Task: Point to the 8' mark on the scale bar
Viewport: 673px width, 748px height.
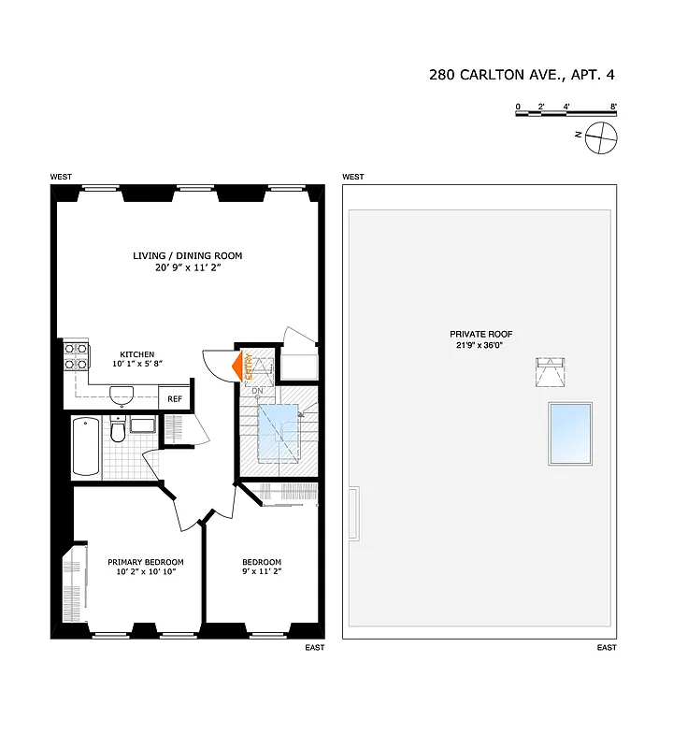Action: [613, 107]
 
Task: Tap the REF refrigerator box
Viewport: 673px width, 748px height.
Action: [174, 399]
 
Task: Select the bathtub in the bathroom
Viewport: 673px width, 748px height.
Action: [86, 447]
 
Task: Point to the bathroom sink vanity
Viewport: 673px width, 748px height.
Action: [143, 426]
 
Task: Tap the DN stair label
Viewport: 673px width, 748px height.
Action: [257, 390]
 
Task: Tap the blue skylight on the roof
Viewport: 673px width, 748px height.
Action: [570, 433]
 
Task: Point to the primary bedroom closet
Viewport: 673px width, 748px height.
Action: [71, 585]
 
